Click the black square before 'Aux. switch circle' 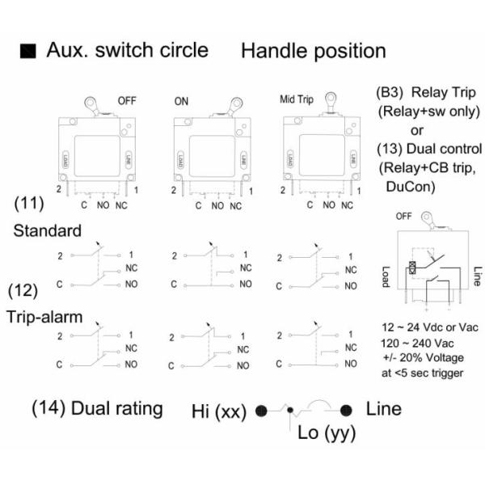point(29,52)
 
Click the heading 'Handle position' point(314,51)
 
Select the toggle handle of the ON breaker point(235,104)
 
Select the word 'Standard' point(47,230)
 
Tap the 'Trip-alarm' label point(48,316)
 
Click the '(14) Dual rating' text point(97,408)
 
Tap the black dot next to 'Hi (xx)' point(261,411)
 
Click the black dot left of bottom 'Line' point(347,411)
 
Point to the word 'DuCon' point(407,186)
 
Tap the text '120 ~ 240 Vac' point(417,343)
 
